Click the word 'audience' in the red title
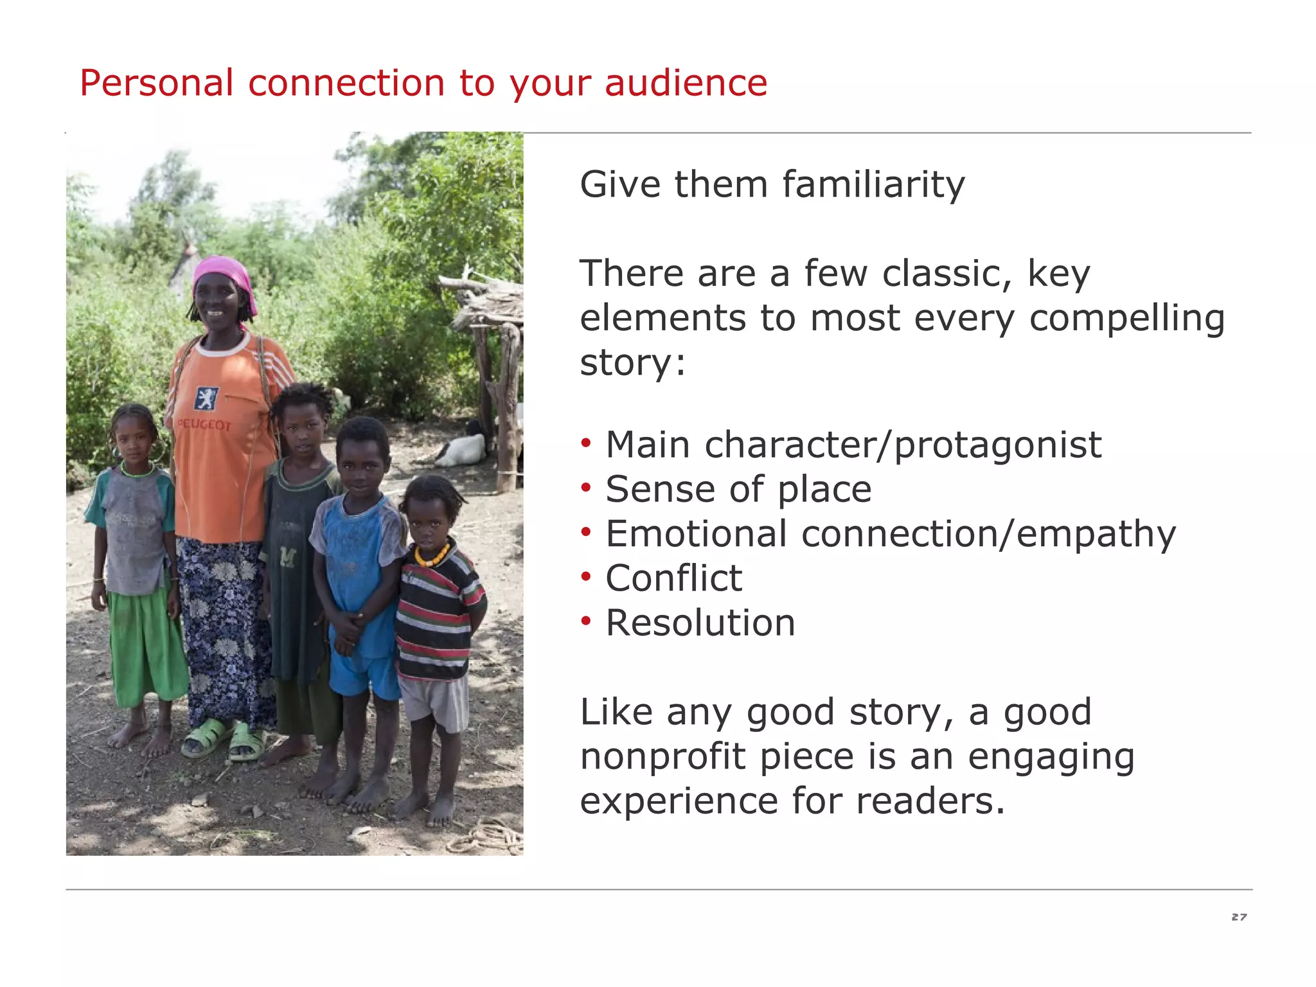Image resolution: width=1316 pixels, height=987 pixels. [x=686, y=84]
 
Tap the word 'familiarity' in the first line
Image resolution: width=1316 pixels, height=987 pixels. [x=873, y=185]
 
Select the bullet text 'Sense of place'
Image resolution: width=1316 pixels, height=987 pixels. [x=738, y=490]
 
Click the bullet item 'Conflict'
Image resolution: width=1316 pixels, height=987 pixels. [x=673, y=578]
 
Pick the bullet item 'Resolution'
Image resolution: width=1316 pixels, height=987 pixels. [x=700, y=623]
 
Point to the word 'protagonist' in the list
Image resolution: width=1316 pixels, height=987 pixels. [x=998, y=445]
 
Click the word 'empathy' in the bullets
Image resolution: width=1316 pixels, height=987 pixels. [x=1096, y=535]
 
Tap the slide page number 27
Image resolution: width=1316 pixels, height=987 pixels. [x=1239, y=917]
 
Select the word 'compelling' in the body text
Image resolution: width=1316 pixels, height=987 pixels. [x=1127, y=319]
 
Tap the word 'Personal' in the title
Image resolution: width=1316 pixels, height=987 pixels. [x=156, y=84]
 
